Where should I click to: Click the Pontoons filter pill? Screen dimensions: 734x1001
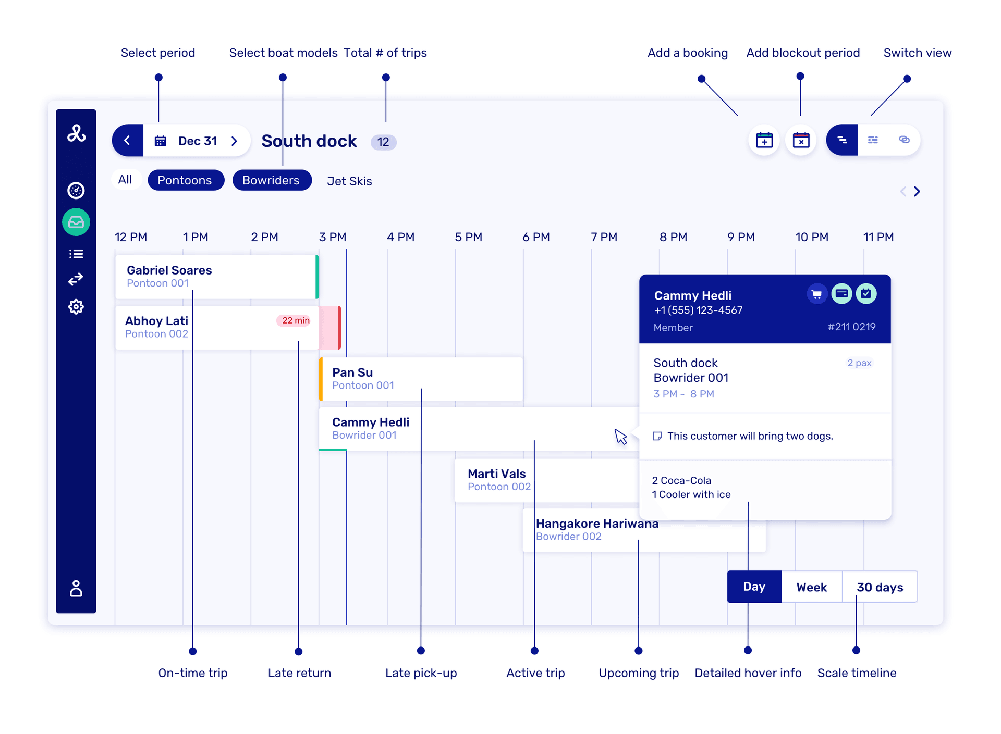(186, 180)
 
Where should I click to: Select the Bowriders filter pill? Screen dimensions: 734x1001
(272, 180)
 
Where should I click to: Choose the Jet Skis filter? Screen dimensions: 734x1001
(349, 181)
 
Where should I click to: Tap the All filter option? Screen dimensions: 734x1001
(125, 180)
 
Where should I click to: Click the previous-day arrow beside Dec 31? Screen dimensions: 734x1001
(127, 141)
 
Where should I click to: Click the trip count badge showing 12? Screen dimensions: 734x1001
(383, 142)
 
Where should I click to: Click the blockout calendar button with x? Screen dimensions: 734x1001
(801, 140)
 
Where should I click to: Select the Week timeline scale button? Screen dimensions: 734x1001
(811, 587)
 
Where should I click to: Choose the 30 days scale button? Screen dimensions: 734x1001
(880, 587)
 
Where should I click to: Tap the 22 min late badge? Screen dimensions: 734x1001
(295, 320)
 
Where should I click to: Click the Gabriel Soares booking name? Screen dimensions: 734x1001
(169, 270)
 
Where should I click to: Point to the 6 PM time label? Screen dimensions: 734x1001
(536, 237)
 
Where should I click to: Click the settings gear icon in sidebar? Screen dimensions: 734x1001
(76, 307)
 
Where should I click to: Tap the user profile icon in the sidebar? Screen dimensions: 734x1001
(76, 589)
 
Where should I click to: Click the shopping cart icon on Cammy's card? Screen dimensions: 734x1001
(816, 294)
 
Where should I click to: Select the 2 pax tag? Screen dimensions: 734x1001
(859, 363)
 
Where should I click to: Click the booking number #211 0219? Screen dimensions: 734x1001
(851, 327)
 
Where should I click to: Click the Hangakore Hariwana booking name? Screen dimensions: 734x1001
(597, 524)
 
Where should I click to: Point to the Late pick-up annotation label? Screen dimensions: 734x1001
(421, 673)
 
